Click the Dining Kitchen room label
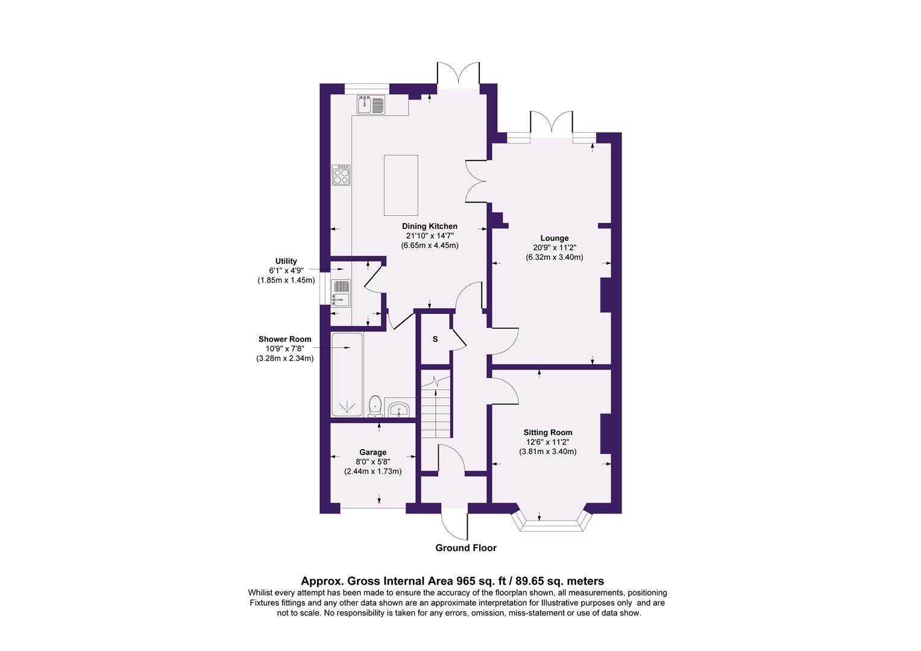430,226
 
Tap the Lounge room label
555,238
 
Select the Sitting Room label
547,432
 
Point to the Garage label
372,452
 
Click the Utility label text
286,261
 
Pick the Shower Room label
284,339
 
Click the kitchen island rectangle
401,184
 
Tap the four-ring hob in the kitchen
341,175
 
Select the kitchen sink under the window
371,104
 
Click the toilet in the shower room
375,406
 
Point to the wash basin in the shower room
398,410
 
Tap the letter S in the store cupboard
435,339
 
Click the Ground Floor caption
466,548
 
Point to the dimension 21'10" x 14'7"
430,236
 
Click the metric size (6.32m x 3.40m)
555,257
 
